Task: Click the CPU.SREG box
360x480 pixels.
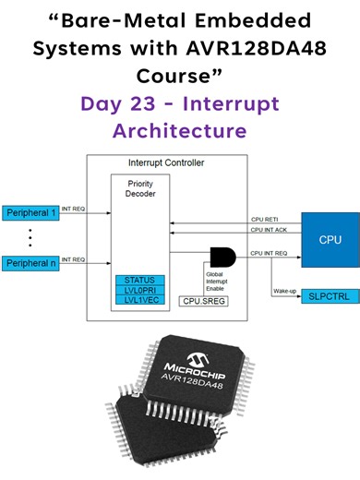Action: (204, 300)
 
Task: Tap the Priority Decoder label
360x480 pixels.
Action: (139, 189)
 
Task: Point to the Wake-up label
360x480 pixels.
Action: (285, 291)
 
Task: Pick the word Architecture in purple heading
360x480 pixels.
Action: (179, 130)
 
